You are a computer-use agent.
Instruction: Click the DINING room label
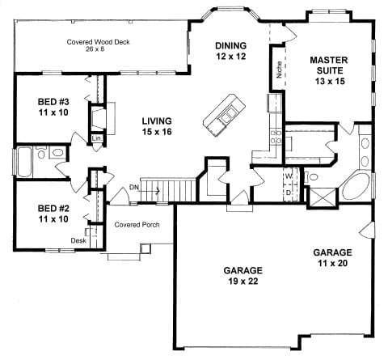(x=230, y=51)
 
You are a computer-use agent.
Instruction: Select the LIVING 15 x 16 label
(x=157, y=126)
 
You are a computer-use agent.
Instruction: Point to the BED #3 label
(x=53, y=107)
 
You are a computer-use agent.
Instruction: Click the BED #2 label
(x=53, y=214)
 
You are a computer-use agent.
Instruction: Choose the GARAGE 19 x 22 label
(x=243, y=276)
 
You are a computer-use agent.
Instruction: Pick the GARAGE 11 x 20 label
(x=332, y=257)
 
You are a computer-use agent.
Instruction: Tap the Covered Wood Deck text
(x=98, y=42)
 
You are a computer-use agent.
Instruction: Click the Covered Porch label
(x=137, y=225)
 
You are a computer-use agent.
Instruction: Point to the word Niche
(x=280, y=70)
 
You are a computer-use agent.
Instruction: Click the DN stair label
(x=134, y=187)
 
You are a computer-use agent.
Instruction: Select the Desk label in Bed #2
(x=78, y=240)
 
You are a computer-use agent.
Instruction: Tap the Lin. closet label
(x=97, y=138)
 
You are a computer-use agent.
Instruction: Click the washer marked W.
(x=289, y=176)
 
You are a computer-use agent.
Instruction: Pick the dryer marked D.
(x=289, y=193)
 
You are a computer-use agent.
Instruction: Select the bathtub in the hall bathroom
(x=24, y=162)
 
